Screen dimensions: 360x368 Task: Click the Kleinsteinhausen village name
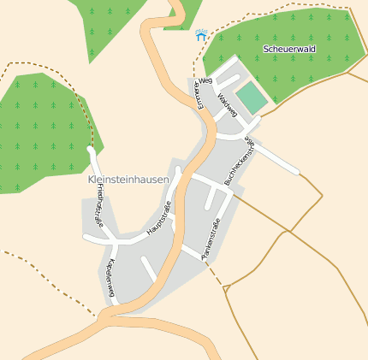pyautogui.click(x=128, y=180)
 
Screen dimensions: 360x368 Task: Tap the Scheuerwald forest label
pyautogui.click(x=289, y=49)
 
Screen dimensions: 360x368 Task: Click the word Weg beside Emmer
pyautogui.click(x=205, y=80)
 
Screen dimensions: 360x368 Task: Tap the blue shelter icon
pyautogui.click(x=201, y=35)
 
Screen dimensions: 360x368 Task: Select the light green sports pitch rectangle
pyautogui.click(x=252, y=97)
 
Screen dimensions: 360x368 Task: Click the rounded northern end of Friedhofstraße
pyautogui.click(x=91, y=150)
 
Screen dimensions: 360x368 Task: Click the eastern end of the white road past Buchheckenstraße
pyautogui.click(x=296, y=172)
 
